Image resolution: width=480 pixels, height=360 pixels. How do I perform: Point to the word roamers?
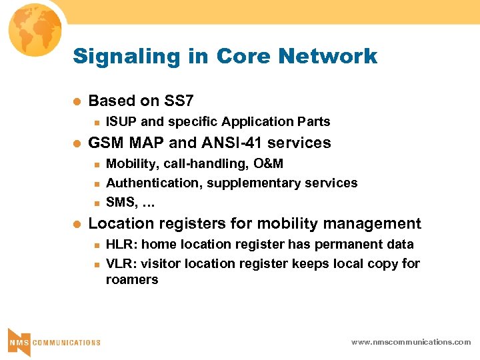(x=132, y=280)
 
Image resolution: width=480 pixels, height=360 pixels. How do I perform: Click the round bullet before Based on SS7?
(x=77, y=102)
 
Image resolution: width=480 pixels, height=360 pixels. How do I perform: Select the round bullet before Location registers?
(x=77, y=224)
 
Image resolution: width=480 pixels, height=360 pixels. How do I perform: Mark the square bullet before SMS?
(x=96, y=202)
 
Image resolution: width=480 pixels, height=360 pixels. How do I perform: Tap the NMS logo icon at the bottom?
(x=18, y=342)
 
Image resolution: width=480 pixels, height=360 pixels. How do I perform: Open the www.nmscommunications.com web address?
(x=411, y=342)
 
